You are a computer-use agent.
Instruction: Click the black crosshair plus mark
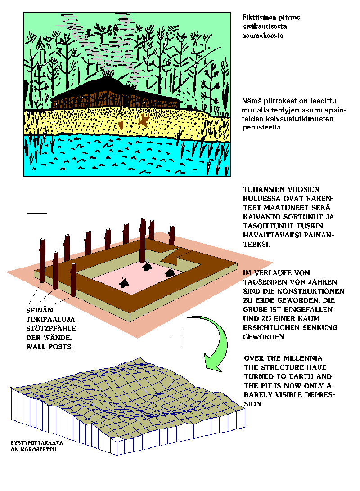181,338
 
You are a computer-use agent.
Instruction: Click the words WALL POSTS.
49,347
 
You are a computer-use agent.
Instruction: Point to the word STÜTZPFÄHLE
51,328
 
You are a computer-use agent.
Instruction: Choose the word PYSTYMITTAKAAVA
36,443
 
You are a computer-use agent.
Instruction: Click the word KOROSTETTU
38,449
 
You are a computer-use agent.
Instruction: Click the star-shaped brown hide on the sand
144,120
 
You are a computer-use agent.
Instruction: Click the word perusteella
261,127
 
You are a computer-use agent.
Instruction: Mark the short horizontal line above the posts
36,213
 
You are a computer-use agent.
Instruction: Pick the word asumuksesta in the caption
262,36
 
